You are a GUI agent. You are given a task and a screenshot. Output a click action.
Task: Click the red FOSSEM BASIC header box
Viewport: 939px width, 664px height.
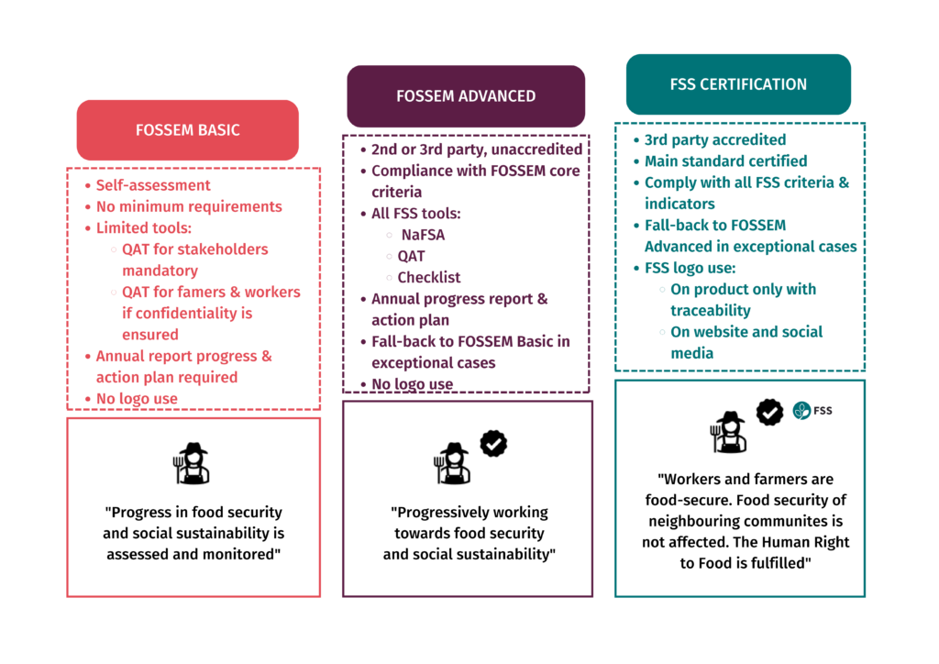point(187,130)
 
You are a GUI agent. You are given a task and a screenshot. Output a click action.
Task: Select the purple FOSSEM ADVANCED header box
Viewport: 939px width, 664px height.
point(466,96)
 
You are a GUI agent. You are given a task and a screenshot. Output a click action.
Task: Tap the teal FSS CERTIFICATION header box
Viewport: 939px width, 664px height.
point(738,84)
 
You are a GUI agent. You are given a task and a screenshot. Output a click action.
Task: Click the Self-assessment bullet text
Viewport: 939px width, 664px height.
point(153,185)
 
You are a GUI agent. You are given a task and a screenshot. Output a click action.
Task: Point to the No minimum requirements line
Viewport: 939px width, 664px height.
point(189,206)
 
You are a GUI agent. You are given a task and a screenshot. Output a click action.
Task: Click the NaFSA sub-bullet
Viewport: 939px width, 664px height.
point(423,235)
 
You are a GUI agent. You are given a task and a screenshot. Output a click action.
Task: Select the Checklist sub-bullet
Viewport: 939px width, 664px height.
point(429,277)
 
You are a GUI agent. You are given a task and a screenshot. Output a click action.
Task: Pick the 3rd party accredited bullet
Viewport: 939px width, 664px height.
point(714,140)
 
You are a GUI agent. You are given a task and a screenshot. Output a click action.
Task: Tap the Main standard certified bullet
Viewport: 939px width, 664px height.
point(725,161)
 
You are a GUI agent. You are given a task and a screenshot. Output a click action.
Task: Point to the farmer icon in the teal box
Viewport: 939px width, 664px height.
point(729,432)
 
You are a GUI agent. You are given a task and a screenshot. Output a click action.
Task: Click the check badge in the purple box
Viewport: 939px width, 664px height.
point(494,444)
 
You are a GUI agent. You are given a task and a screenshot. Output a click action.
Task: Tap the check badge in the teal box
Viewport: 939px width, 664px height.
point(769,412)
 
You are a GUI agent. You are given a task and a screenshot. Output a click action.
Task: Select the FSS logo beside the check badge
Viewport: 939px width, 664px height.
point(812,411)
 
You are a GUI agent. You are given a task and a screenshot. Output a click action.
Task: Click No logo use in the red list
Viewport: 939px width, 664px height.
point(137,399)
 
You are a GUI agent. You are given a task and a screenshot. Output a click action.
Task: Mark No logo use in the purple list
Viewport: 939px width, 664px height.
point(412,384)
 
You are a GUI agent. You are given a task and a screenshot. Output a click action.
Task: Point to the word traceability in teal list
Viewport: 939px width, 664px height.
point(711,311)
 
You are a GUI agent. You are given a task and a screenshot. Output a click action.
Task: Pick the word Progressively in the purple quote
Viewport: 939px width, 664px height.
point(438,513)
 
